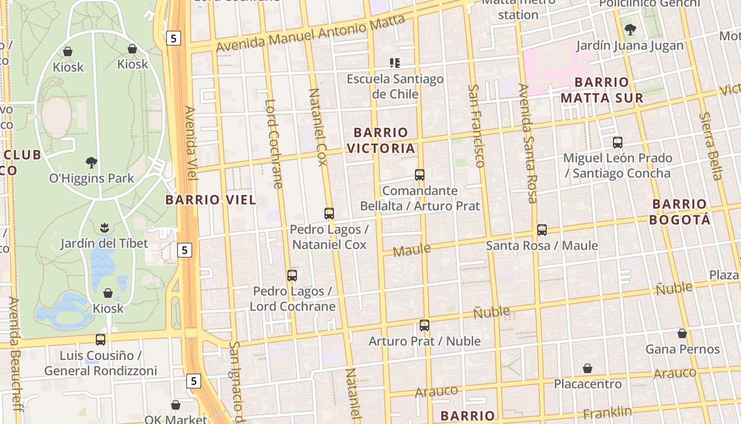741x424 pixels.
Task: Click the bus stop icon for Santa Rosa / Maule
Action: click(x=541, y=230)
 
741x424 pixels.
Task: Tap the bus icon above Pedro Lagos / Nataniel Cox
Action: click(x=329, y=214)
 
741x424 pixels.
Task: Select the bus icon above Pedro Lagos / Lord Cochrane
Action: click(x=292, y=276)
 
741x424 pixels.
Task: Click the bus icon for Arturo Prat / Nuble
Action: click(x=424, y=325)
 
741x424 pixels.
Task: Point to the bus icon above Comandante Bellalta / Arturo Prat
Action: click(x=420, y=175)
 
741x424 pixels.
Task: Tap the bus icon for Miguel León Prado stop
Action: click(x=617, y=143)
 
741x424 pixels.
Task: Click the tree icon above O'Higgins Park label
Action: click(x=92, y=162)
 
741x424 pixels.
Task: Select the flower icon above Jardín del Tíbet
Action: click(x=104, y=228)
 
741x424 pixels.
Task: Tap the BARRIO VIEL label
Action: click(x=211, y=200)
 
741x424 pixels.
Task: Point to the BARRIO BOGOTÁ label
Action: click(x=679, y=211)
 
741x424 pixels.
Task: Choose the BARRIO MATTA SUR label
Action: click(x=602, y=90)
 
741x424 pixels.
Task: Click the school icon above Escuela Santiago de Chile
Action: click(x=394, y=63)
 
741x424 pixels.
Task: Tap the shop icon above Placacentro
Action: click(x=588, y=368)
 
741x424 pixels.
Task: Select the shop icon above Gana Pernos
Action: click(x=682, y=333)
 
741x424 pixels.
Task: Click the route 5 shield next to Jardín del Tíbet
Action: click(x=184, y=250)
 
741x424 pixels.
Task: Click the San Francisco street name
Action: click(x=477, y=126)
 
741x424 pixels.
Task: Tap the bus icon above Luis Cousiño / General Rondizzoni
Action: click(x=101, y=340)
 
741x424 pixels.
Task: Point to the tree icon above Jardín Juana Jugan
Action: click(x=630, y=30)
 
